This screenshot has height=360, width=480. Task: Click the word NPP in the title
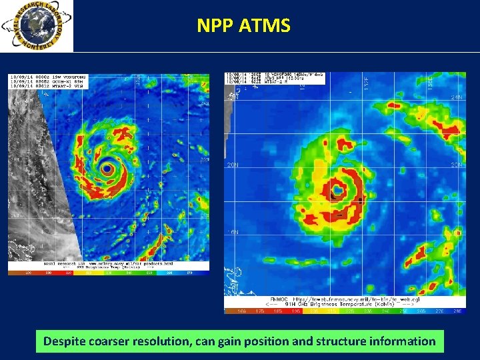click(x=211, y=26)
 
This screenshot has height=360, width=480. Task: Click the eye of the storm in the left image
click(x=107, y=166)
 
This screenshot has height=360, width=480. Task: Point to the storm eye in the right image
click(x=339, y=191)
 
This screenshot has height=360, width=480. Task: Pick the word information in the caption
click(x=405, y=342)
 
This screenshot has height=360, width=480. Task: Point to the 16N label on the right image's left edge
click(x=233, y=231)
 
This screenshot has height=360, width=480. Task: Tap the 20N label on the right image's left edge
click(x=233, y=164)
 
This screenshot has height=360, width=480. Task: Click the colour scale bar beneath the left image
click(x=109, y=272)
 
